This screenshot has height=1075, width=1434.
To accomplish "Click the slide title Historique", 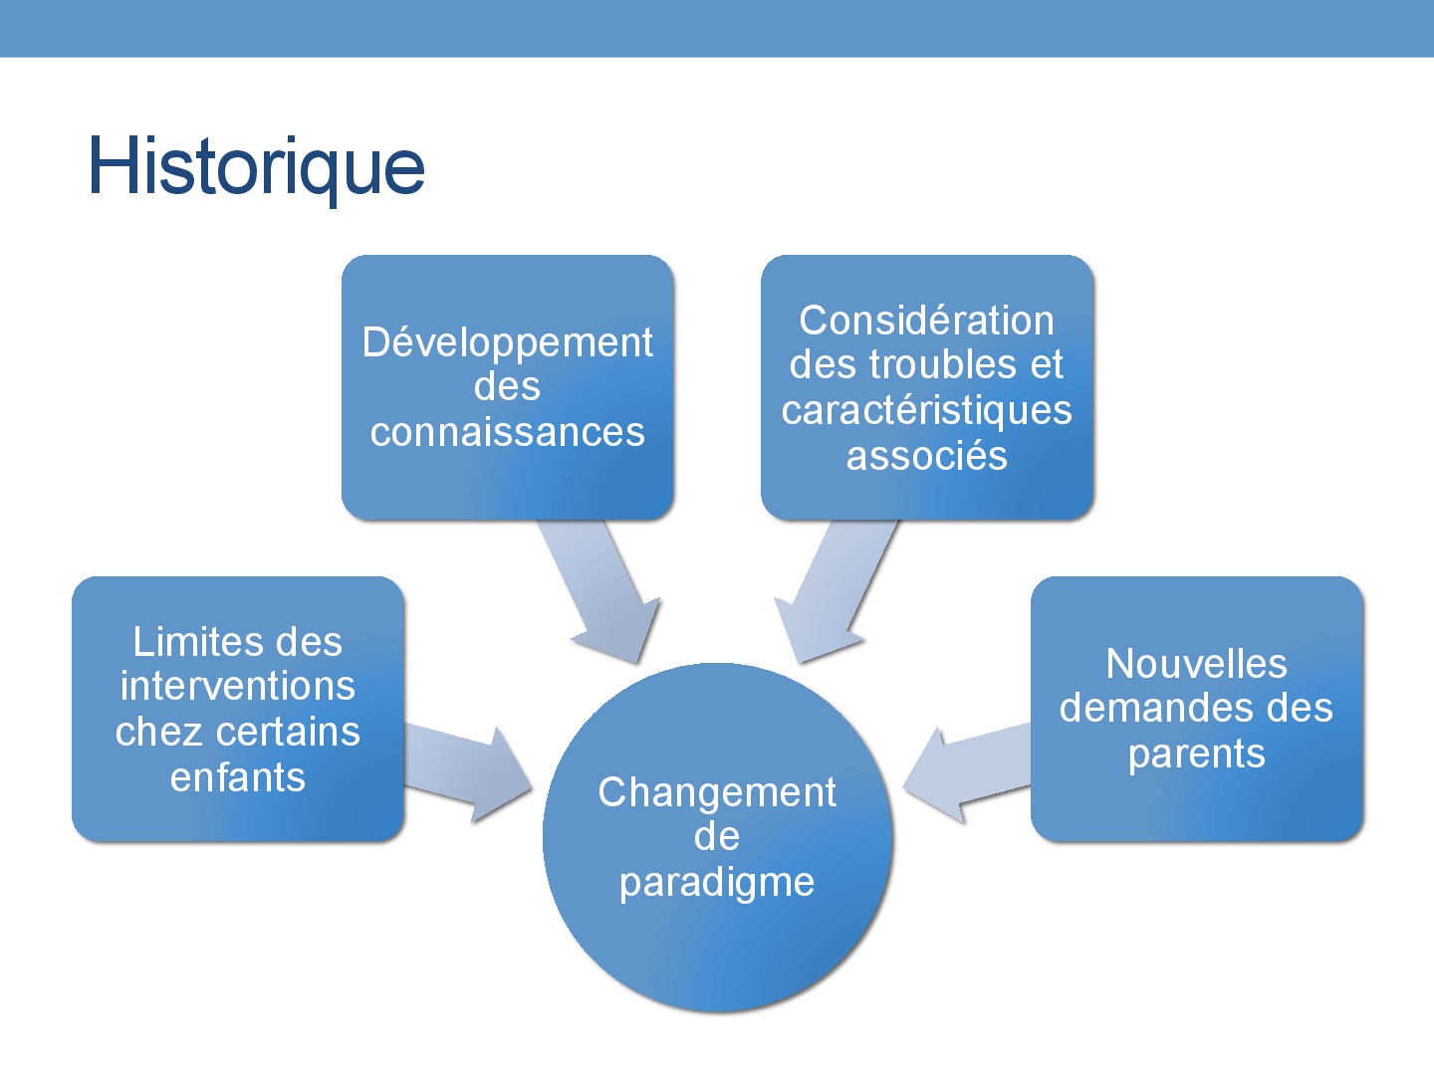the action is click(257, 167).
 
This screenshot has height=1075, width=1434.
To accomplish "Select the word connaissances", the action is click(508, 432).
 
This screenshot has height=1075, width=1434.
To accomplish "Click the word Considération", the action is click(926, 321).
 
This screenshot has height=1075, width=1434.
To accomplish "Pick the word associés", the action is click(926, 456).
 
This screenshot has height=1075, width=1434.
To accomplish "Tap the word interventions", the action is click(238, 686).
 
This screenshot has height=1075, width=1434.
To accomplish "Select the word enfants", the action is click(238, 776).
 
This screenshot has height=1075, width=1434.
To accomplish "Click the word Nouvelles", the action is click(1196, 664).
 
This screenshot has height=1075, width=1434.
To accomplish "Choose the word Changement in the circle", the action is click(717, 793).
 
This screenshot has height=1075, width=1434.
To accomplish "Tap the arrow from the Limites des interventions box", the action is click(468, 773).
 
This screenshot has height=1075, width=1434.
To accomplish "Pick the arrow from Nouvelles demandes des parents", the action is click(967, 773).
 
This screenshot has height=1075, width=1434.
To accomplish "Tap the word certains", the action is click(288, 732).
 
